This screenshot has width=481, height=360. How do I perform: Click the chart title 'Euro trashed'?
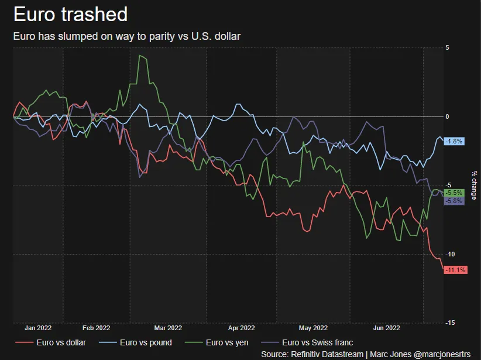point(70,15)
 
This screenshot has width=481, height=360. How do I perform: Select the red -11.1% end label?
point(455,270)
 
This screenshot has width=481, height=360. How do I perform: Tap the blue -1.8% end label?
point(454,141)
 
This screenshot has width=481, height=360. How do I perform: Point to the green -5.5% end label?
point(454,193)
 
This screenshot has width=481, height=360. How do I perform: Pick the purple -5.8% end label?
point(454,201)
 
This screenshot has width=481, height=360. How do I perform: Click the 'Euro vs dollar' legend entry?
point(50,342)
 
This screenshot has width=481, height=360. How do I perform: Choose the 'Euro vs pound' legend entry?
point(135,342)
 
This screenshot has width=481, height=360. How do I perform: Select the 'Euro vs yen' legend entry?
point(217,342)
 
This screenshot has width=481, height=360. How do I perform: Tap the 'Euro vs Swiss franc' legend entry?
point(307,342)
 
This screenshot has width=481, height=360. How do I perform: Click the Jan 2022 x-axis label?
point(38,328)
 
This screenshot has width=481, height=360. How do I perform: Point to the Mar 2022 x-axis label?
point(168,328)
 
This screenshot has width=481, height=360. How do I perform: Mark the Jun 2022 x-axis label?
point(387,328)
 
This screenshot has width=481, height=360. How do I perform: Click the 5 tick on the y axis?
point(447,47)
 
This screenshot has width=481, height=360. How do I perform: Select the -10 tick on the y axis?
point(450,254)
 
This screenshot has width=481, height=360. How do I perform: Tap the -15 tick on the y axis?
point(450,323)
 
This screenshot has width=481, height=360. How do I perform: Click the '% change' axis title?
point(474,185)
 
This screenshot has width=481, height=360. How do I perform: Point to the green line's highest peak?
point(140,56)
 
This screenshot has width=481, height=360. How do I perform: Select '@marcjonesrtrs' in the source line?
point(442,354)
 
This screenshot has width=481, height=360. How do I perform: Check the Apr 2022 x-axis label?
point(242,328)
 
